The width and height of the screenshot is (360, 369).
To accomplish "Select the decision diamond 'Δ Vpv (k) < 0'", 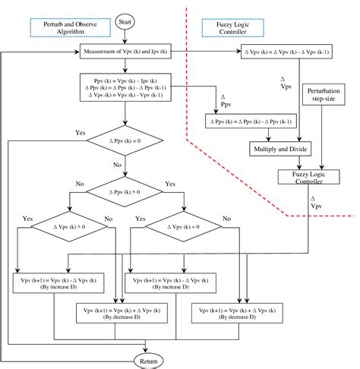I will tap(183, 226).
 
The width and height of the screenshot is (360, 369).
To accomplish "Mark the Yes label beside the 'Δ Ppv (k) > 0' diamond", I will tap(169, 184).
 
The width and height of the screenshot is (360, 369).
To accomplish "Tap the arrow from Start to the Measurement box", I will tap(123, 39).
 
